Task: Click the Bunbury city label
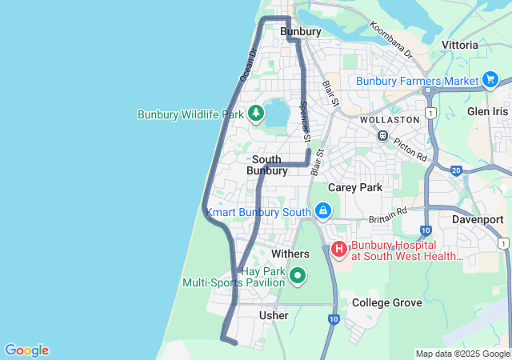(x=301, y=32)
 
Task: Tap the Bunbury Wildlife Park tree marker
(x=256, y=114)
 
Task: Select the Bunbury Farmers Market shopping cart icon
(x=491, y=80)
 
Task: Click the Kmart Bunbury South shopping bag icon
(x=322, y=211)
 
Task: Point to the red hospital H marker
(x=339, y=250)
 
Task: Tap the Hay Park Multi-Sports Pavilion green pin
(x=298, y=276)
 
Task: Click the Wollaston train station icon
(x=383, y=136)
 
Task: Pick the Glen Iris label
(x=487, y=112)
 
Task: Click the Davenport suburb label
(x=478, y=219)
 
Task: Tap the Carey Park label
(x=355, y=187)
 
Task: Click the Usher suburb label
(x=274, y=316)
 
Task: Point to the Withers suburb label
(x=290, y=254)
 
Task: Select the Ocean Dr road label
(x=248, y=65)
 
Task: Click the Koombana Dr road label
(x=391, y=39)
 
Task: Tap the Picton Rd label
(x=410, y=145)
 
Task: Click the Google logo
(x=26, y=350)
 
